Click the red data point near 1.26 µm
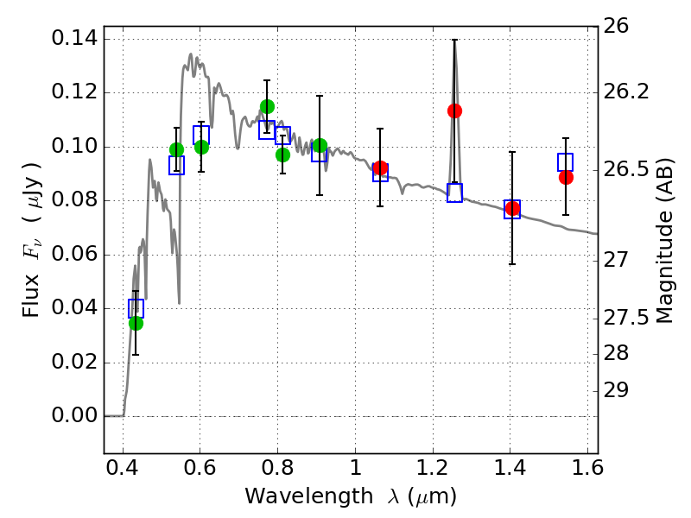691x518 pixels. tap(454, 111)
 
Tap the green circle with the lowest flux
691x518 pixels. tap(136, 323)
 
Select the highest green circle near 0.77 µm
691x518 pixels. tap(267, 107)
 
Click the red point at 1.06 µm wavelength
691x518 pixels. tap(380, 167)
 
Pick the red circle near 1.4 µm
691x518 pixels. tap(512, 208)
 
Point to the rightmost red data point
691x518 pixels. tap(566, 177)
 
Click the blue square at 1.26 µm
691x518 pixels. tap(454, 193)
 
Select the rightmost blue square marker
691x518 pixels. tap(566, 162)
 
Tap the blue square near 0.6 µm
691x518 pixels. tap(201, 135)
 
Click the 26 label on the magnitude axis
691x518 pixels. tap(618, 27)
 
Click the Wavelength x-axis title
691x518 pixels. tap(350, 496)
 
